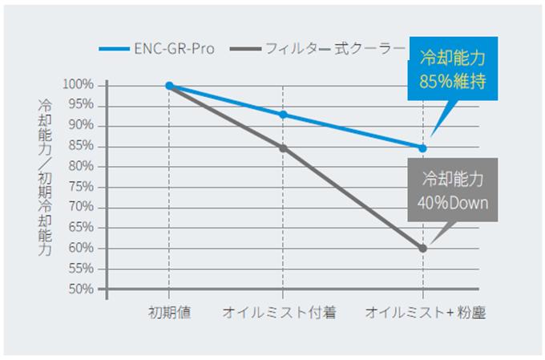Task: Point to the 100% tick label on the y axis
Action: (81, 85)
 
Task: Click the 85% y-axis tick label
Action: (83, 146)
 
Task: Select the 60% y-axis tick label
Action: (83, 248)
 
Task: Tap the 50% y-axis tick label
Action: (83, 289)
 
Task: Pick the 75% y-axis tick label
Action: (83, 187)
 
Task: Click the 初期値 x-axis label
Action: (169, 312)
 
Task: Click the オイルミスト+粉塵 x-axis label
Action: (422, 312)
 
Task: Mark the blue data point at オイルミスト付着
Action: (283, 115)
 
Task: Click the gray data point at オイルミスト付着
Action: (283, 148)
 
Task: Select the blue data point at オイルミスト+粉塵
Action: (422, 148)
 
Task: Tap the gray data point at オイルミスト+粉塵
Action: (422, 249)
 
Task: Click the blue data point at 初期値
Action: (170, 85)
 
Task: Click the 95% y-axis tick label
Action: (83, 105)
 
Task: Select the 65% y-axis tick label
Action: (83, 228)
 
